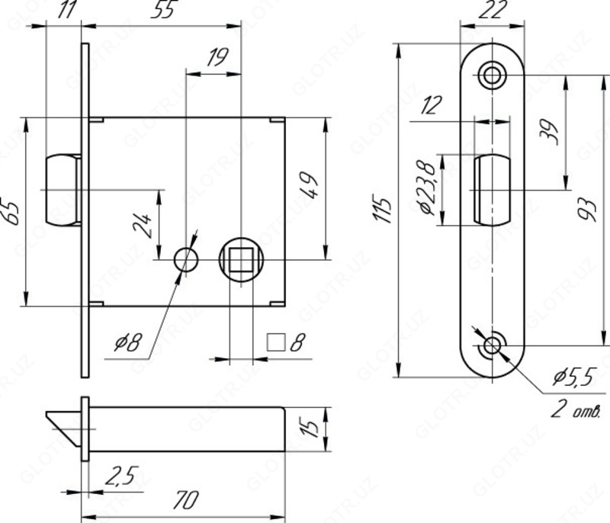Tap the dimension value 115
point(384,209)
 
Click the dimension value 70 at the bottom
point(185,500)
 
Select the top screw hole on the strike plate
point(493,75)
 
